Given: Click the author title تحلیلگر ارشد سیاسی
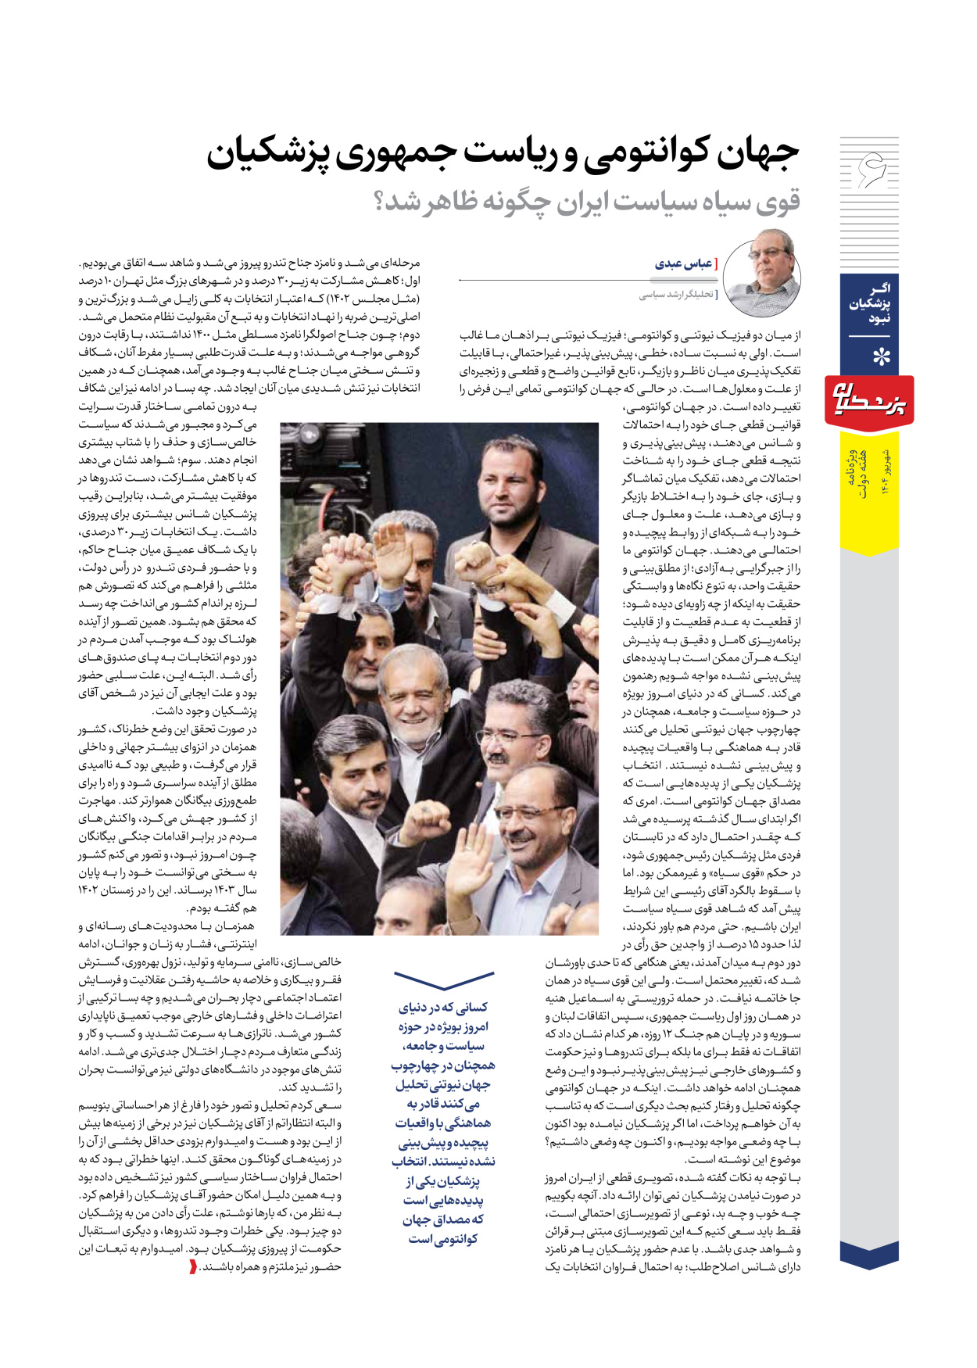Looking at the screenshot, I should (675, 295).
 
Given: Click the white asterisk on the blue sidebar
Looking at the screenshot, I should (881, 357).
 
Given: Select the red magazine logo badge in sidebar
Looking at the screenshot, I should (869, 403).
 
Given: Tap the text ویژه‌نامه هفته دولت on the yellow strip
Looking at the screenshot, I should (857, 474).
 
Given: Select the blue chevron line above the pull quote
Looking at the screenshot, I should (443, 980).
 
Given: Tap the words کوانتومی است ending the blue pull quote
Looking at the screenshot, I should (442, 1239).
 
